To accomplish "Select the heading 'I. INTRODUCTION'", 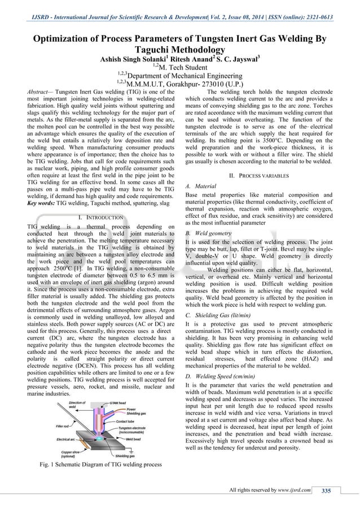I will [100, 217].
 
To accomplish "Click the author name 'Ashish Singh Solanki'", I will [132, 58].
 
